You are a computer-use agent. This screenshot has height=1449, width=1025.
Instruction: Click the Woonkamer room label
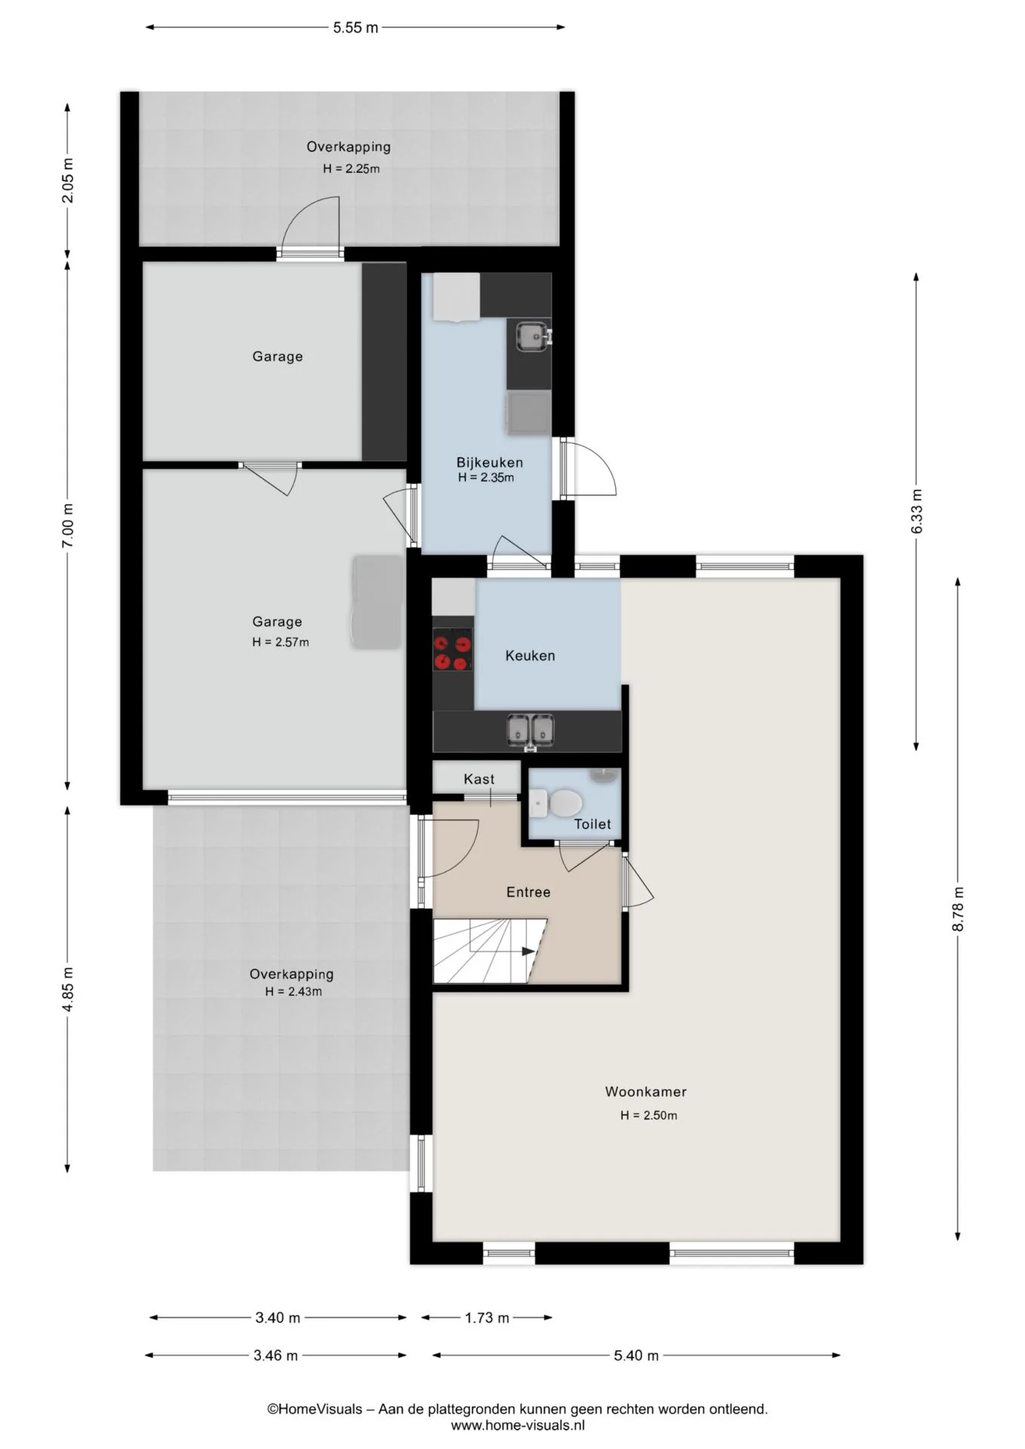pos(645,1091)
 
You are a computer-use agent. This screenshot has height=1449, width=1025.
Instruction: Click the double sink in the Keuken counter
pos(531,730)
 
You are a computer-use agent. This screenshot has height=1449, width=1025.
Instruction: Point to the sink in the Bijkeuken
pos(533,336)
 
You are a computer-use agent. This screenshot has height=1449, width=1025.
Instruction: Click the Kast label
pos(479,779)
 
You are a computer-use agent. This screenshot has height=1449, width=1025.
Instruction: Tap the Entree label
pos(528,892)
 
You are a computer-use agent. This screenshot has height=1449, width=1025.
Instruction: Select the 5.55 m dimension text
pos(356,28)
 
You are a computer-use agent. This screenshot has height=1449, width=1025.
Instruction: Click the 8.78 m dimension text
pos(959,909)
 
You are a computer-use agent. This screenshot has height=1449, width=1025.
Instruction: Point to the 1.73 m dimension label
pos(487,1318)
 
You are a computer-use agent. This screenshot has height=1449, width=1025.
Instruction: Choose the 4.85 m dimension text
pos(68,989)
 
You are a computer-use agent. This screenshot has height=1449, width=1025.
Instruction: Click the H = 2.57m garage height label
pos(281,642)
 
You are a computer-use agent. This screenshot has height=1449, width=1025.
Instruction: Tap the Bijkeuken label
pos(489,463)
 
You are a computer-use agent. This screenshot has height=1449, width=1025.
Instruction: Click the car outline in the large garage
pos(377,601)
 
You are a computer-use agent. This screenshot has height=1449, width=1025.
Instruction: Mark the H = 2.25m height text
pos(352,169)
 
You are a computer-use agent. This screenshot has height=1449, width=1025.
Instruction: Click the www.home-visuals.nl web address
pos(518,1426)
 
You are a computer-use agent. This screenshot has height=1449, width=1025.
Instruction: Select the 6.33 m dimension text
pos(917,512)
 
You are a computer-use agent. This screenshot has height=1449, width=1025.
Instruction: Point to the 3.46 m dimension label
pos(275,1355)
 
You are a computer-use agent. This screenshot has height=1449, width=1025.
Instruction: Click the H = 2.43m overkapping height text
pos(294,992)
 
